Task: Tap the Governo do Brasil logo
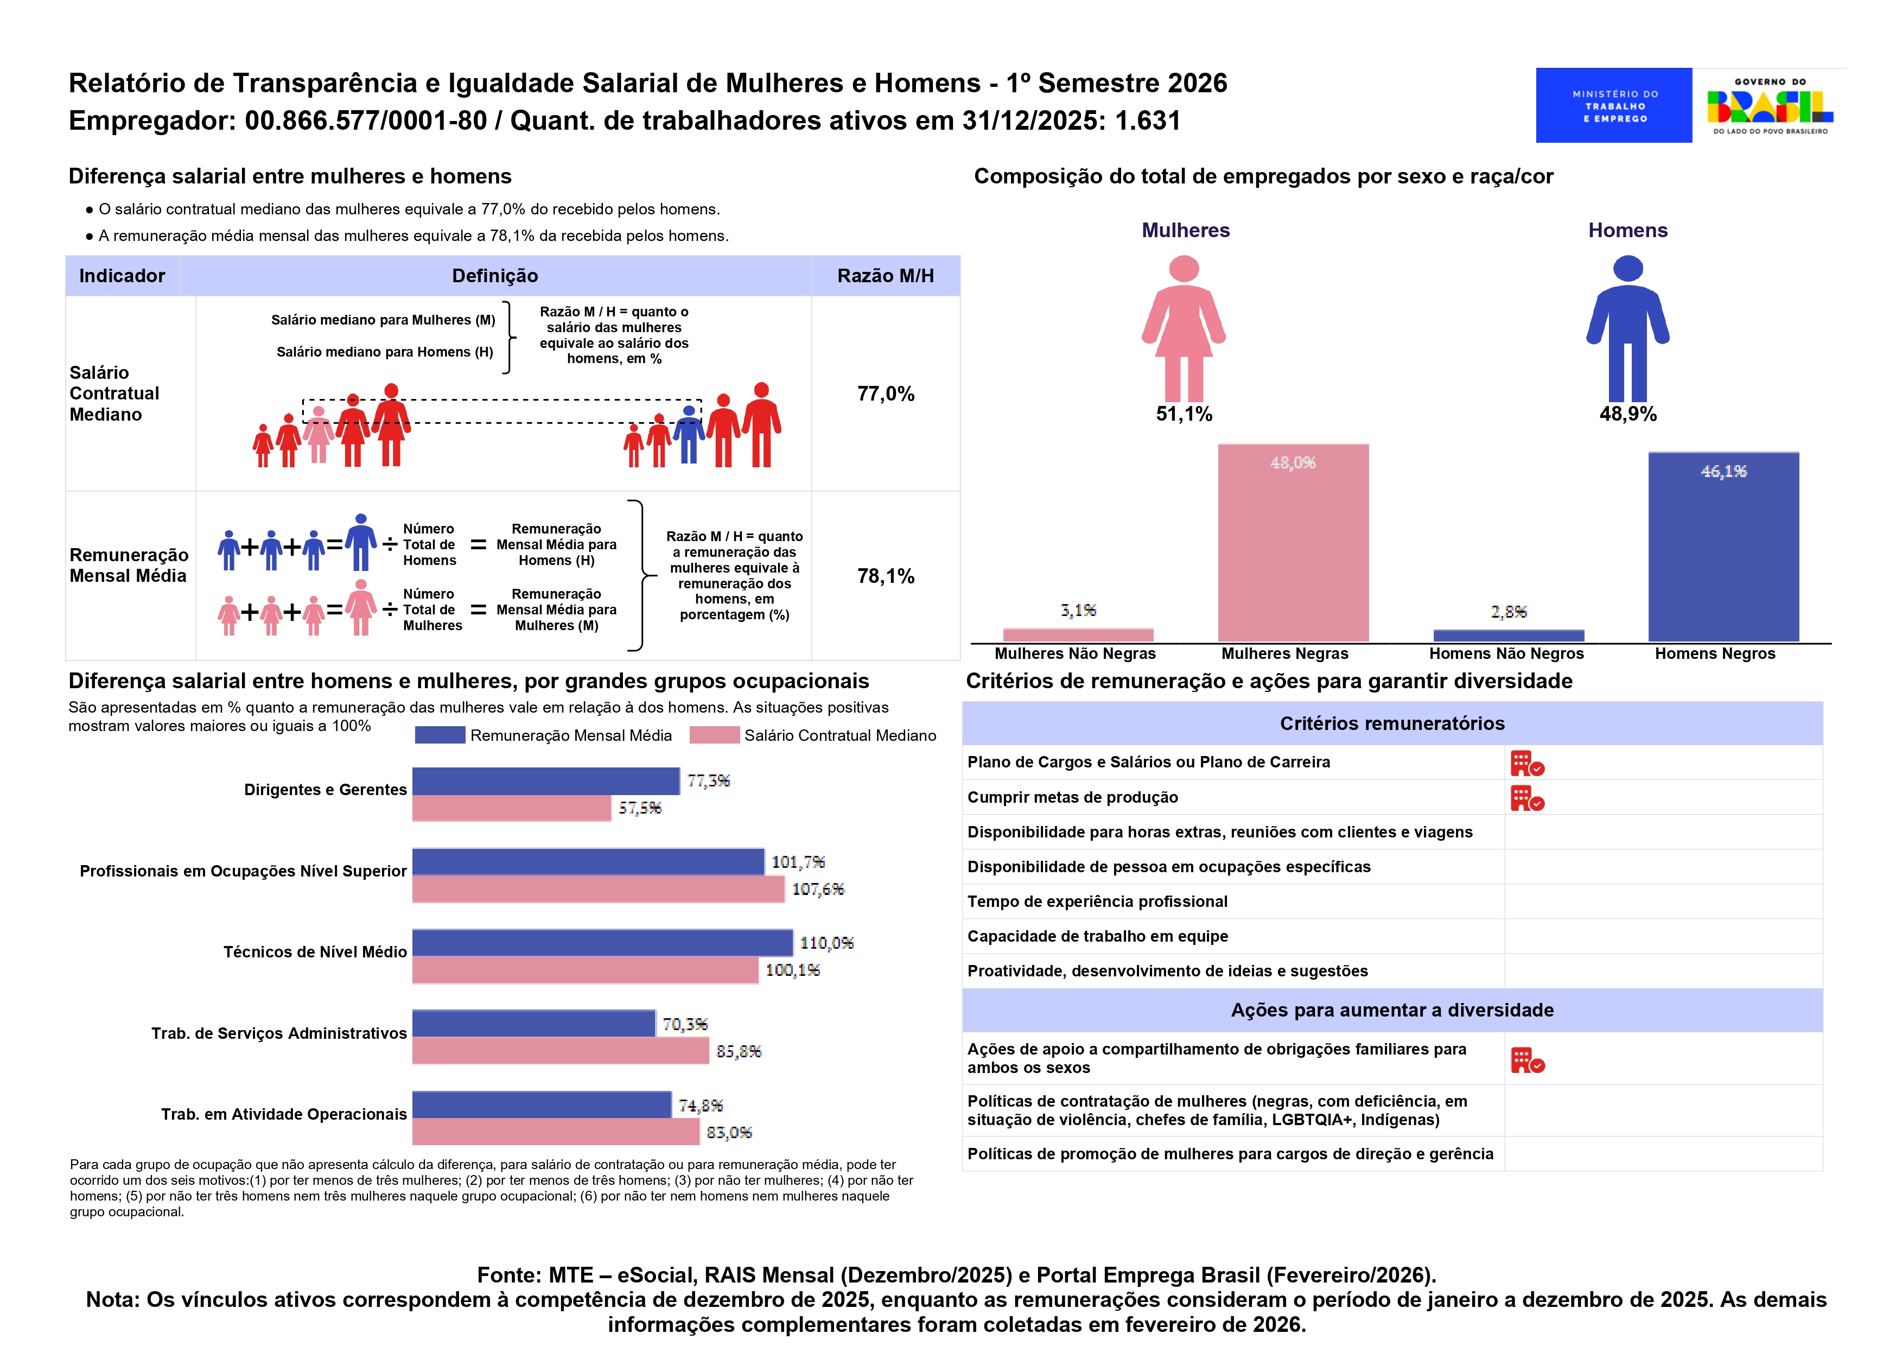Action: (1770, 106)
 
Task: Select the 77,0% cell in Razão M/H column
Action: (885, 393)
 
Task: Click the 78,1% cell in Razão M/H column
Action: (885, 576)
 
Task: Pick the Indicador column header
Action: (122, 276)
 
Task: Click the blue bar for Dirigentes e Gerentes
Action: (545, 781)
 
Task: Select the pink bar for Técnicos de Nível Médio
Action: (584, 970)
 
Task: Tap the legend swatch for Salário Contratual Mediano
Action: (714, 735)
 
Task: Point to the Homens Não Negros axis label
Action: (1506, 654)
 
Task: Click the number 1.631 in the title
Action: (1147, 121)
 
